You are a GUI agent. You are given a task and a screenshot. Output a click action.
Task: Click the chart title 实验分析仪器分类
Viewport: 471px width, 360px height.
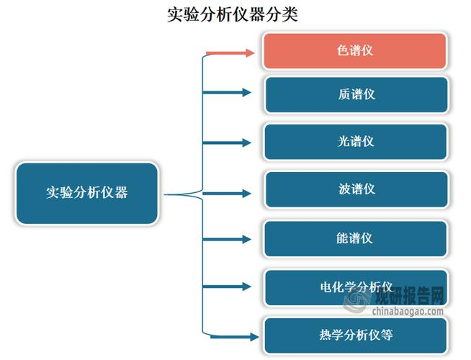pyautogui.click(x=232, y=14)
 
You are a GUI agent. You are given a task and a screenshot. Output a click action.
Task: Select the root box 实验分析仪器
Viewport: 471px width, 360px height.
pyautogui.click(x=86, y=193)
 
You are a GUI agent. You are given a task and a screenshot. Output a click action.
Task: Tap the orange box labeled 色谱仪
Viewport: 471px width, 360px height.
pyautogui.click(x=356, y=51)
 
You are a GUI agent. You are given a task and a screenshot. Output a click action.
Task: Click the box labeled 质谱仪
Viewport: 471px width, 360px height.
pyautogui.click(x=356, y=94)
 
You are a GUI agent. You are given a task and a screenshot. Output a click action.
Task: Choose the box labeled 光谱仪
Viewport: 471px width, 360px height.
pyautogui.click(x=356, y=142)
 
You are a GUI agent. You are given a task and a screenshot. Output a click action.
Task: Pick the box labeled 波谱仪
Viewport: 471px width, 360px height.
pyautogui.click(x=356, y=189)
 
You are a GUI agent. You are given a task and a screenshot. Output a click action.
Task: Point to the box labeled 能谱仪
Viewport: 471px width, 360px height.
pyautogui.click(x=356, y=238)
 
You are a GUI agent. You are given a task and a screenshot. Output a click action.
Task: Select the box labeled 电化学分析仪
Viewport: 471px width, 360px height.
pyautogui.click(x=356, y=287)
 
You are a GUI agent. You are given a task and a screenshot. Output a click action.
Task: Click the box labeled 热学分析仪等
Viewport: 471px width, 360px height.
pyautogui.click(x=356, y=335)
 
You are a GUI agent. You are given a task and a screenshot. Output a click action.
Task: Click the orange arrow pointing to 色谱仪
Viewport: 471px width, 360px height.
pyautogui.click(x=230, y=53)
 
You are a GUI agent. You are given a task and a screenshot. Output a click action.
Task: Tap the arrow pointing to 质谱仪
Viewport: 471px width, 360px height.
pyautogui.click(x=229, y=92)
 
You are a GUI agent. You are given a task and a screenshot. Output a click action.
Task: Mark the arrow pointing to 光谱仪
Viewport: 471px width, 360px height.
pyautogui.click(x=229, y=143)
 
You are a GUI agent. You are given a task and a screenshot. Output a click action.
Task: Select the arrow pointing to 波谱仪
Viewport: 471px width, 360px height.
pyautogui.click(x=229, y=193)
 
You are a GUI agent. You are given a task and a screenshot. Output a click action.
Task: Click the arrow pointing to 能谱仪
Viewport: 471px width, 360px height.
pyautogui.click(x=229, y=239)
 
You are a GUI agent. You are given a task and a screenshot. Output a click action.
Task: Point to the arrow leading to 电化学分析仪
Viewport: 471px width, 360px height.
pyautogui.click(x=229, y=287)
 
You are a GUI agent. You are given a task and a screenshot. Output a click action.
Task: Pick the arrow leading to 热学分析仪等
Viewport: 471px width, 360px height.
pyautogui.click(x=232, y=336)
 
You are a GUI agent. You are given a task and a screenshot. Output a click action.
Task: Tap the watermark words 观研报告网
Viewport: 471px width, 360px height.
pyautogui.click(x=412, y=296)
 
